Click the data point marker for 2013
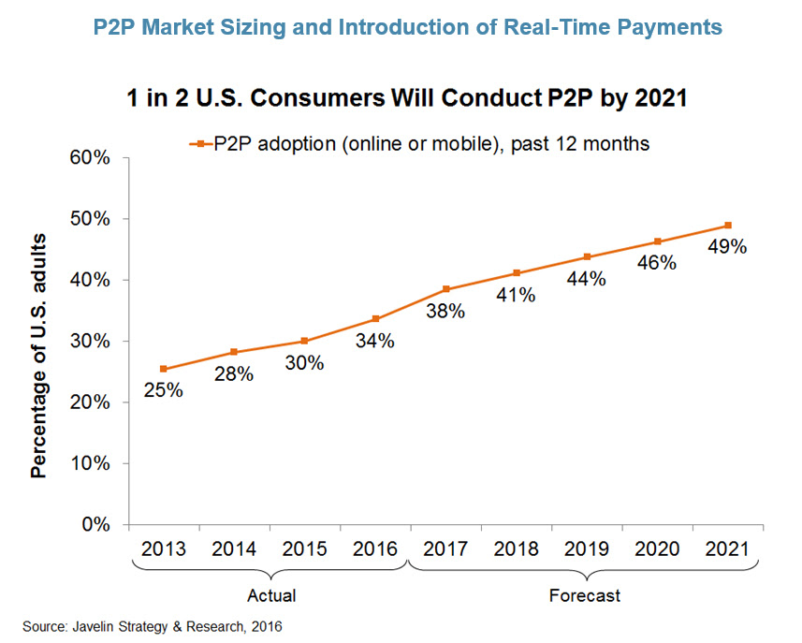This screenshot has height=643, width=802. [x=163, y=369]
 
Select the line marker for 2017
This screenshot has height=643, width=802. [x=445, y=289]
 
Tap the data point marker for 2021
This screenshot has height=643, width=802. [x=728, y=226]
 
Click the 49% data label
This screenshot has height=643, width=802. [x=727, y=247]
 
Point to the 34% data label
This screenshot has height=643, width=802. [x=374, y=341]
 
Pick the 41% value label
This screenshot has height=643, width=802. [x=516, y=295]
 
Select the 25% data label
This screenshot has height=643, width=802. [x=163, y=390]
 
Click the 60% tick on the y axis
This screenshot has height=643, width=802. [x=90, y=158]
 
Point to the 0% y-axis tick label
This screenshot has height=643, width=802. [x=95, y=524]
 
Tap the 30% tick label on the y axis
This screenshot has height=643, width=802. [x=90, y=342]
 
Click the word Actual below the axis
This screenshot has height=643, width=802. [x=270, y=595]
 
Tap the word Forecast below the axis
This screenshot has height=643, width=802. [x=586, y=595]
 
